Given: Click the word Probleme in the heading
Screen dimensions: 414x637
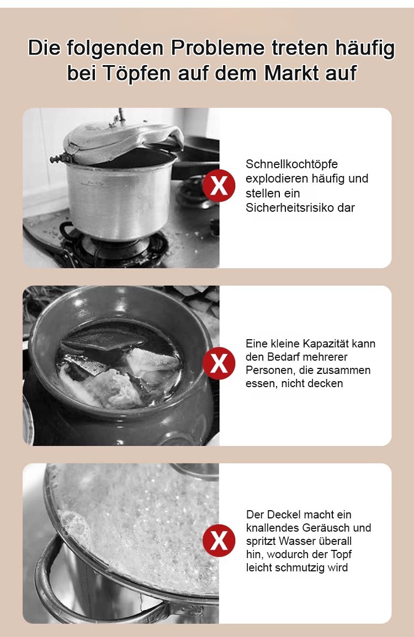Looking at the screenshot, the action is click(217, 49).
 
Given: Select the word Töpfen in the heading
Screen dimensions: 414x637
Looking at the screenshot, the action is click(136, 74).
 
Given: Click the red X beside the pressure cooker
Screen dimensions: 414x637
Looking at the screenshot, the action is click(219, 186).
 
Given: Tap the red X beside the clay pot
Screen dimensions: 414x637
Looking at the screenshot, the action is click(219, 363).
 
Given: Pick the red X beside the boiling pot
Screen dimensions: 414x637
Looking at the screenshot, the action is click(219, 540).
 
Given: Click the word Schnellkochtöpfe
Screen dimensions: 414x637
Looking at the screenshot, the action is click(291, 164).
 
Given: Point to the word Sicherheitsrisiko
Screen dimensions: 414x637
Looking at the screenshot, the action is click(289, 207).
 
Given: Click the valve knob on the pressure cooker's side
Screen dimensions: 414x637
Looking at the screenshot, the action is click(57, 158).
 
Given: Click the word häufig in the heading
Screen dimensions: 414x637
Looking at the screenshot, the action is click(364, 49).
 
